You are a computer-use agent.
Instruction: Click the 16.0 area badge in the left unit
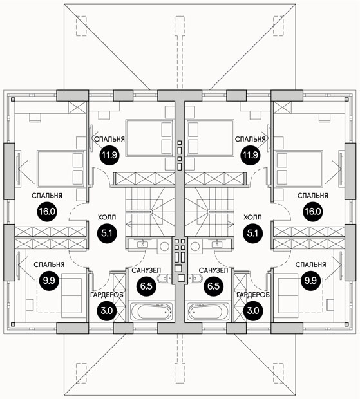pos(48,212)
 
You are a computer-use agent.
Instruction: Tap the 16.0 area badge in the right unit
pos(313,212)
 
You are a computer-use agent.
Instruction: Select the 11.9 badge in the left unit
pos(109,154)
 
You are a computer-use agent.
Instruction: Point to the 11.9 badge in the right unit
pos(251,154)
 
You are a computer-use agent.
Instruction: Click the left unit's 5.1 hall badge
pos(107,233)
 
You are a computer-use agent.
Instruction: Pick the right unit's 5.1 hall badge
pos(253,233)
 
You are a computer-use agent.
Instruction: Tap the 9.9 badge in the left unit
pos(49,281)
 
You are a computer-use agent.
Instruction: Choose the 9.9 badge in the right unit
pos(311,281)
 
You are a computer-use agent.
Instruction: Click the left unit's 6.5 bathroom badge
pos(146,286)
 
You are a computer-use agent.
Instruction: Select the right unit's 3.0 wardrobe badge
pos(253,311)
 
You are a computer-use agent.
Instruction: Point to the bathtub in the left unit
pos(152,311)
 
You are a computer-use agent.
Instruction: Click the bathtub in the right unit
pos(208,311)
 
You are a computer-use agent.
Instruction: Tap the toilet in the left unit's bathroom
pos(164,279)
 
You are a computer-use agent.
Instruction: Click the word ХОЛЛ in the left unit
pos(107,218)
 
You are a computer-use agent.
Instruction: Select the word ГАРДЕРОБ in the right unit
pos(253,295)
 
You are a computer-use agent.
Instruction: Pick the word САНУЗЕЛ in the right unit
pos(213,270)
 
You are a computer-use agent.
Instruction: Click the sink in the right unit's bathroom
pos(217,245)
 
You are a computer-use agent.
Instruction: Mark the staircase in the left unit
pos(150,212)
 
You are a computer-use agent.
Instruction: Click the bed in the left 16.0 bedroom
pos(61,169)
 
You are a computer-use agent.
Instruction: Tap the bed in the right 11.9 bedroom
pos(211,138)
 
